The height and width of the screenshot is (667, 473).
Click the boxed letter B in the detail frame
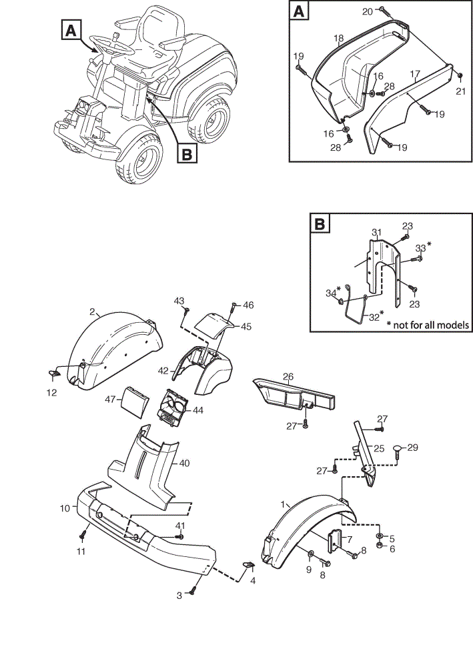point(320,223)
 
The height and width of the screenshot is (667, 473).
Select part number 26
point(288,376)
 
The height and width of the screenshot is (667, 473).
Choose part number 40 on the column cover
point(183,463)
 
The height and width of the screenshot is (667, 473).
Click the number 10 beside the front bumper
point(65,508)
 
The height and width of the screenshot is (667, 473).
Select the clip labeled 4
point(248,564)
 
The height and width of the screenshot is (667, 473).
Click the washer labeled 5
point(380,535)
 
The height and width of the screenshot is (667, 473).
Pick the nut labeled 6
point(380,546)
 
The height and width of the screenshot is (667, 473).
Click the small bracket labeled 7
point(335,541)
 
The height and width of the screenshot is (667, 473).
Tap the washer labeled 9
point(311,553)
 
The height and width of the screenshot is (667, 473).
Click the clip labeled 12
point(54,373)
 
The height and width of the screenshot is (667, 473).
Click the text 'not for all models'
point(431,325)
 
